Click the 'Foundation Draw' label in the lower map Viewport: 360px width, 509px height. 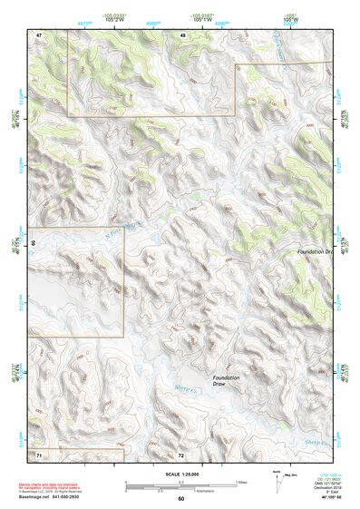[x=226, y=380]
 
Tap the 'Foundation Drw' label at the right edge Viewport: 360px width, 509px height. [x=316, y=250]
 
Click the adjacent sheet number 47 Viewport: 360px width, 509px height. [x=39, y=34]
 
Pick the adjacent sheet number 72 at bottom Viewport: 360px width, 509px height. [x=181, y=454]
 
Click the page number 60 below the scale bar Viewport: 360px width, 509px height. [x=181, y=498]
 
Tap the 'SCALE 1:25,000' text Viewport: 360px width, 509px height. [x=180, y=475]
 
